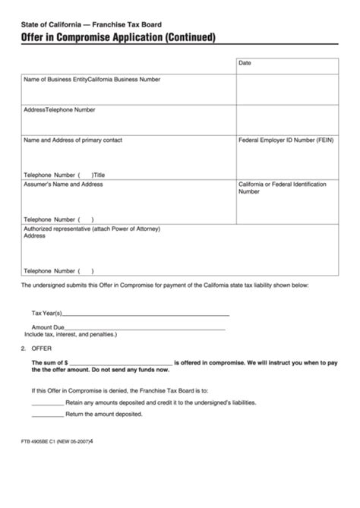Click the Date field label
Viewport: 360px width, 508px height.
[245, 63]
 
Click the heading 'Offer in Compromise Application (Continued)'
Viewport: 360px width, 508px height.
[118, 36]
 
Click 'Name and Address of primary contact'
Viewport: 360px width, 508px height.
[73, 140]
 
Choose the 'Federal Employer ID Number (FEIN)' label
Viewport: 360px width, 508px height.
[285, 140]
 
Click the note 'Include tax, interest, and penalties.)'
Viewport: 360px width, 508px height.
[71, 334]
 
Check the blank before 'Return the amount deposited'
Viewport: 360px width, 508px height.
[47, 415]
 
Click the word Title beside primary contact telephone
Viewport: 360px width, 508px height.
[99, 173]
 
